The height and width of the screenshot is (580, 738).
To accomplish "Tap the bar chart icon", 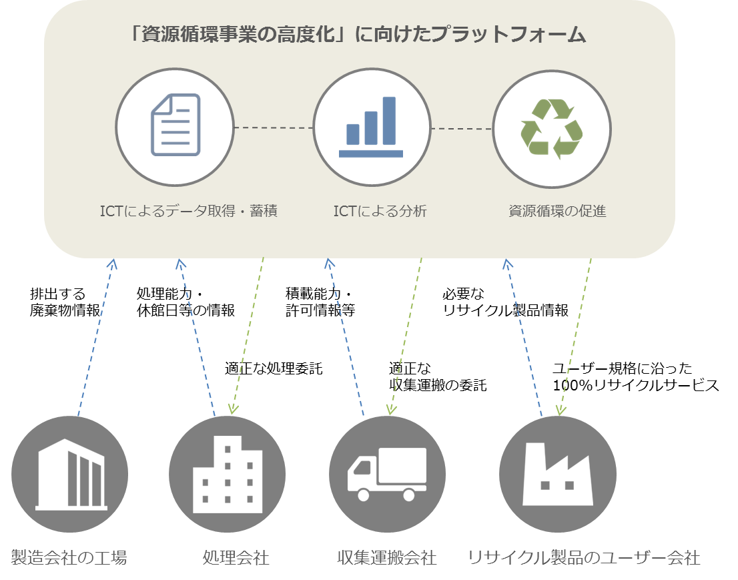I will click(370, 127).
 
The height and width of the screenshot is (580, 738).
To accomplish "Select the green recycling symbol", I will click(551, 128).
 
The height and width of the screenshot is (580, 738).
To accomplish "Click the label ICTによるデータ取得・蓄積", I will click(189, 212).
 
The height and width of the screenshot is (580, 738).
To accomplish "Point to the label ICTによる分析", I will click(380, 212).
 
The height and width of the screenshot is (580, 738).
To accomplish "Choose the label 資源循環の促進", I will click(557, 212).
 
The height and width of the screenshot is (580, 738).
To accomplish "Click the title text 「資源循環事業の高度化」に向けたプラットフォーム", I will click(358, 35).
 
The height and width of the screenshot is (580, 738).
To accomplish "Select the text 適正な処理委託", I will click(274, 368).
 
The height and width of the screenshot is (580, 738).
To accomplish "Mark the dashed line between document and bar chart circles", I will click(274, 127).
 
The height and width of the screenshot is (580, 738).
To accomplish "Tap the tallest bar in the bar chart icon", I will click(389, 120).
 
